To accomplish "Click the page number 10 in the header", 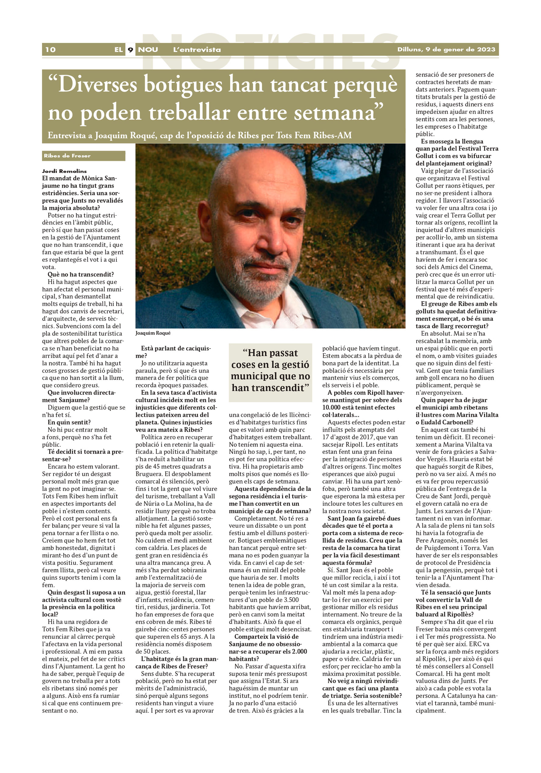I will (50, 50).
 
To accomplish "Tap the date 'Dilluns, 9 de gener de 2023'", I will (446, 50).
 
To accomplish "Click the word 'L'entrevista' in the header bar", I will (197, 50).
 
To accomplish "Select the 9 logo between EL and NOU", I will (130, 50).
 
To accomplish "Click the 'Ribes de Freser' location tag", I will (67, 156).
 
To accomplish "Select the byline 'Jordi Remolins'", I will (64, 171).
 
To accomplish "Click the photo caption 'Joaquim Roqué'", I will (153, 333).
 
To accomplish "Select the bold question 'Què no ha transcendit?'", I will (81, 274).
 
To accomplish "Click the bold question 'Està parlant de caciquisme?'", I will (173, 352).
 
